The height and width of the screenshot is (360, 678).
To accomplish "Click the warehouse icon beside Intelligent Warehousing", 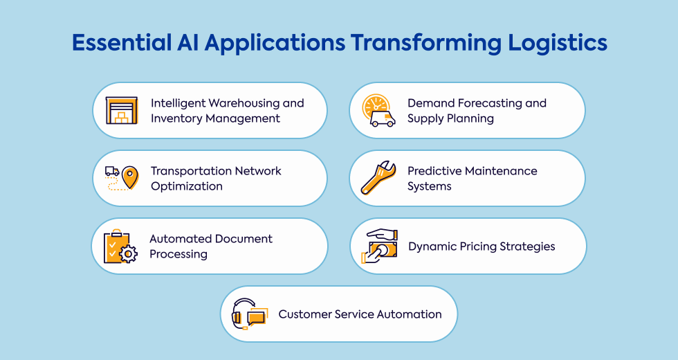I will coord(122,111).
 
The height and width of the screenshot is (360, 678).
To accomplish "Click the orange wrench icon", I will coord(378,178).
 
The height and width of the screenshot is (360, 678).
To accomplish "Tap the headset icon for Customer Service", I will coord(248,314).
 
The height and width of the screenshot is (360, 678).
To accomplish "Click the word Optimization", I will coord(187,186).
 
